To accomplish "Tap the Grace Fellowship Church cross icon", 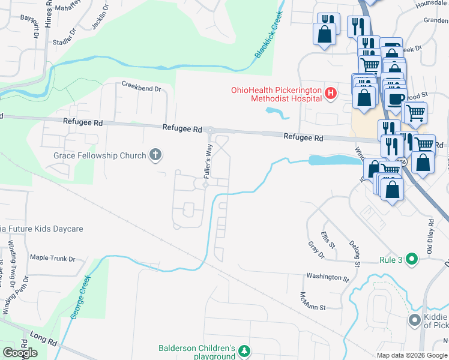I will point(155,155).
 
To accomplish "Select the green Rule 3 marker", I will point(411,260).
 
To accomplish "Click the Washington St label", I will point(328,278).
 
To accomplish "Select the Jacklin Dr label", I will point(101,17).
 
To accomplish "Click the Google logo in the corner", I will point(20,353).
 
